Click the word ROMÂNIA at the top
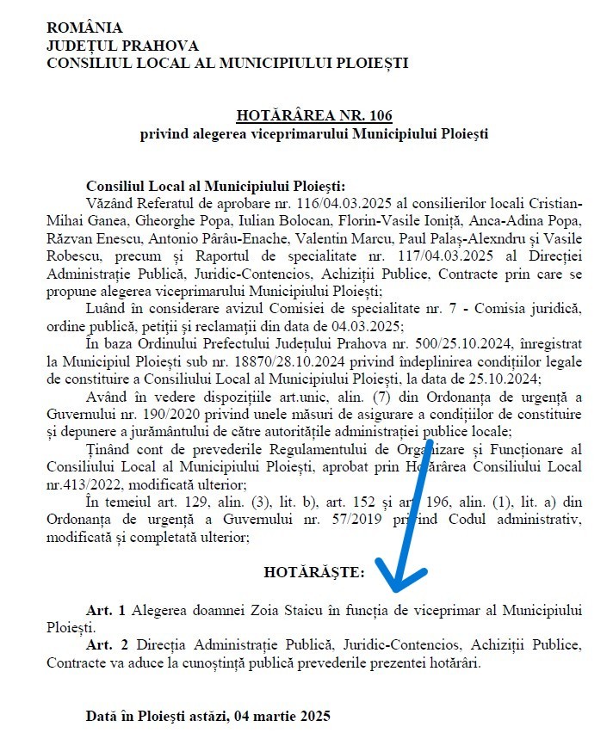click(84, 28)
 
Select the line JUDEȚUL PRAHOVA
click(121, 46)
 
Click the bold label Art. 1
click(106, 610)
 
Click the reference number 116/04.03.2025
click(306, 203)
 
